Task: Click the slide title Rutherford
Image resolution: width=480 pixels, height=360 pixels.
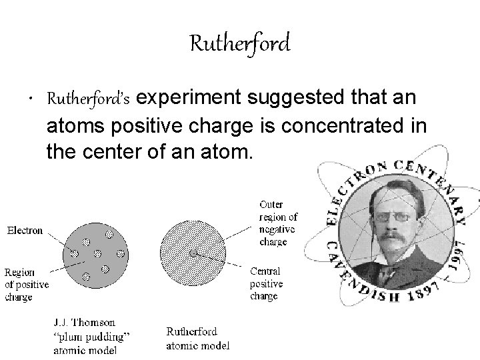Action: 239,44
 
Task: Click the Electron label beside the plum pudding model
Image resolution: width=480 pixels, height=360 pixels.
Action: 25,231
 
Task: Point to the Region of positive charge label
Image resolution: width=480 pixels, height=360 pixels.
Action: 27,284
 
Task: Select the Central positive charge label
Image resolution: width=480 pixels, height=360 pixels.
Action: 266,283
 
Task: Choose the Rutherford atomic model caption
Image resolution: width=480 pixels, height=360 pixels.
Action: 197,339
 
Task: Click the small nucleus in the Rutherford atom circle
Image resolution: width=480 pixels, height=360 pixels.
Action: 193,254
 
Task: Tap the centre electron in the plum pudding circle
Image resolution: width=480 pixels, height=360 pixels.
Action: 98,254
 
